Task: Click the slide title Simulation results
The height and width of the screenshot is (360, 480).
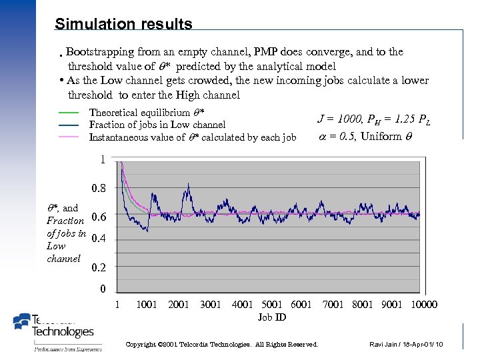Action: coord(123,25)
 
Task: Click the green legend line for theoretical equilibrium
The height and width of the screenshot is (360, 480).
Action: coord(69,113)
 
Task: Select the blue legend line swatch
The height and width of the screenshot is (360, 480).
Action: coord(69,125)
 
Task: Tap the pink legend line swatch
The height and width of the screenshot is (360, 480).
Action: coord(69,137)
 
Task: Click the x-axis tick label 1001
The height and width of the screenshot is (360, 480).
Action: coord(146,305)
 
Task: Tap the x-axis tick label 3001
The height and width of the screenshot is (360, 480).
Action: coord(211,305)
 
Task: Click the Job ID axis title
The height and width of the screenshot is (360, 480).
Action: coord(272,317)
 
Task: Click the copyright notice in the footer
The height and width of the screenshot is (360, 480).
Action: coord(222,345)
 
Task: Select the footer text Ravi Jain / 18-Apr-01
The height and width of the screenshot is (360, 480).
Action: coord(405,345)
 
